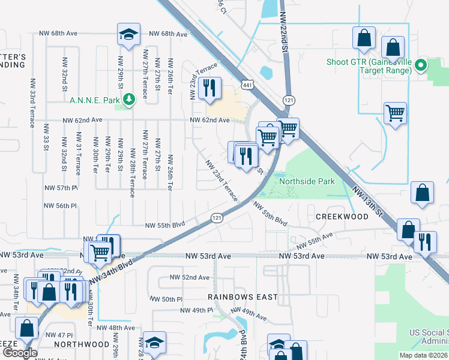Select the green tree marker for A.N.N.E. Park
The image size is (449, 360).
tap(128, 98)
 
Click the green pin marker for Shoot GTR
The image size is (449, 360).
tap(421, 65)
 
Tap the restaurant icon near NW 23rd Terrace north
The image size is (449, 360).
tap(209, 88)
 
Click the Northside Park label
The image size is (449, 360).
tap(306, 180)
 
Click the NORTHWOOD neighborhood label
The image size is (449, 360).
tap(81, 344)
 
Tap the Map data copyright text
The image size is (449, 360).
tap(424, 355)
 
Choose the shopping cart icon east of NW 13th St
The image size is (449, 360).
tap(395, 113)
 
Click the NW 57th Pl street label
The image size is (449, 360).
tap(61, 188)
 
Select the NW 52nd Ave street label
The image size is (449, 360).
tap(189, 277)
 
